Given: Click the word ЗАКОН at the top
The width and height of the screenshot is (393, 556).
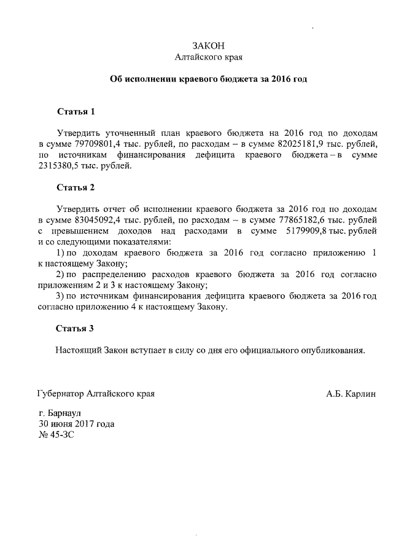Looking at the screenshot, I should [209, 46].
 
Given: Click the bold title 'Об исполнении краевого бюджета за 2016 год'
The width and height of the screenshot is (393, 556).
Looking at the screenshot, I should [208, 79].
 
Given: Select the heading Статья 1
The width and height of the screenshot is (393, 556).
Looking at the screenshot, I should [76, 112].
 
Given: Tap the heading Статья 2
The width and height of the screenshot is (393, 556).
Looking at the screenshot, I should [76, 187].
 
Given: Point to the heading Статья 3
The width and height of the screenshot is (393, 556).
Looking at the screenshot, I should [76, 329].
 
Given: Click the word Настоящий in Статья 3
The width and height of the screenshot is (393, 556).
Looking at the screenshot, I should [80, 350].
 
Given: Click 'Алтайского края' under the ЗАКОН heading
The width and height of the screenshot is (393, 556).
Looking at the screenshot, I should [209, 57].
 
